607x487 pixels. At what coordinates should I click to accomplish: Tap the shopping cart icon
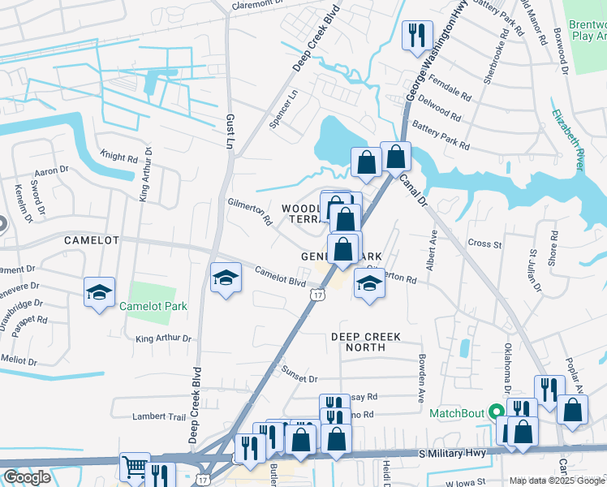tap(134, 467)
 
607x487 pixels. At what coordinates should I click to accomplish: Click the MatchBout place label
tap(455, 413)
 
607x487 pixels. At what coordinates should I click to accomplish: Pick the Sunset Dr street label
tap(299, 377)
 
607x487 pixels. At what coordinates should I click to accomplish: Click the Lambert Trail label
tap(160, 416)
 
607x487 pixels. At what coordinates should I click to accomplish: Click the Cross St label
tap(485, 243)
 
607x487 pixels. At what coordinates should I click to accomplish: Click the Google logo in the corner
tap(27, 477)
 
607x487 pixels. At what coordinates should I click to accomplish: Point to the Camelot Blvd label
tap(279, 277)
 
